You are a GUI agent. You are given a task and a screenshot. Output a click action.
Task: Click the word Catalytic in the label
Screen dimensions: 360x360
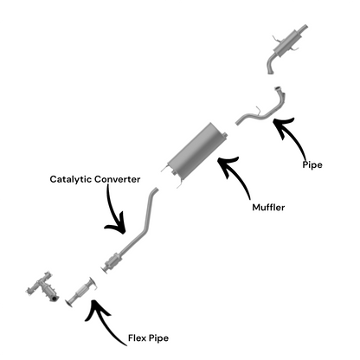[71, 179]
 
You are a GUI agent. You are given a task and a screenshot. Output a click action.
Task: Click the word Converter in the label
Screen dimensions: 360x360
[118, 179]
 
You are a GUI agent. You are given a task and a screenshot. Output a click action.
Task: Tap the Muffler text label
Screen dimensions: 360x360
[268, 207]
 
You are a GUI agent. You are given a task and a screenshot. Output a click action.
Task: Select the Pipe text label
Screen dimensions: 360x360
[312, 165]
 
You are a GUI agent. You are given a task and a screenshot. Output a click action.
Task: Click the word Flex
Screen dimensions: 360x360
[136, 337]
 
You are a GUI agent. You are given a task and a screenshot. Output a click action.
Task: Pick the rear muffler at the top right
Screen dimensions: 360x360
[288, 42]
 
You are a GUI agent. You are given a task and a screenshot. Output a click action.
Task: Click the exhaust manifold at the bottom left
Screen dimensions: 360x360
[42, 287]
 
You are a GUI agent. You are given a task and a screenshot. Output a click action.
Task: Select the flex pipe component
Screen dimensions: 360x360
[81, 292]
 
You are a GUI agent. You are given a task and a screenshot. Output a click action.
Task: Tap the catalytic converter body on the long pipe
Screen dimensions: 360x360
[113, 261]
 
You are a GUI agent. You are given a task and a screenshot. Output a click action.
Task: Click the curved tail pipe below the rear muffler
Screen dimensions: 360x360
[271, 64]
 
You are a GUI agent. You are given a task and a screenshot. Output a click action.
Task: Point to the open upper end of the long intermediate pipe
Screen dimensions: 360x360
[156, 190]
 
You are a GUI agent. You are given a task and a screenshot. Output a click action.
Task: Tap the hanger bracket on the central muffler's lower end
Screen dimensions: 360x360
[179, 183]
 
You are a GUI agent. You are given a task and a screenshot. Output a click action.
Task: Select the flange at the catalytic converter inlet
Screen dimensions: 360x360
[104, 271]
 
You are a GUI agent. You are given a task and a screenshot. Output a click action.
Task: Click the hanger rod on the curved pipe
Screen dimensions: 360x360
[258, 110]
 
